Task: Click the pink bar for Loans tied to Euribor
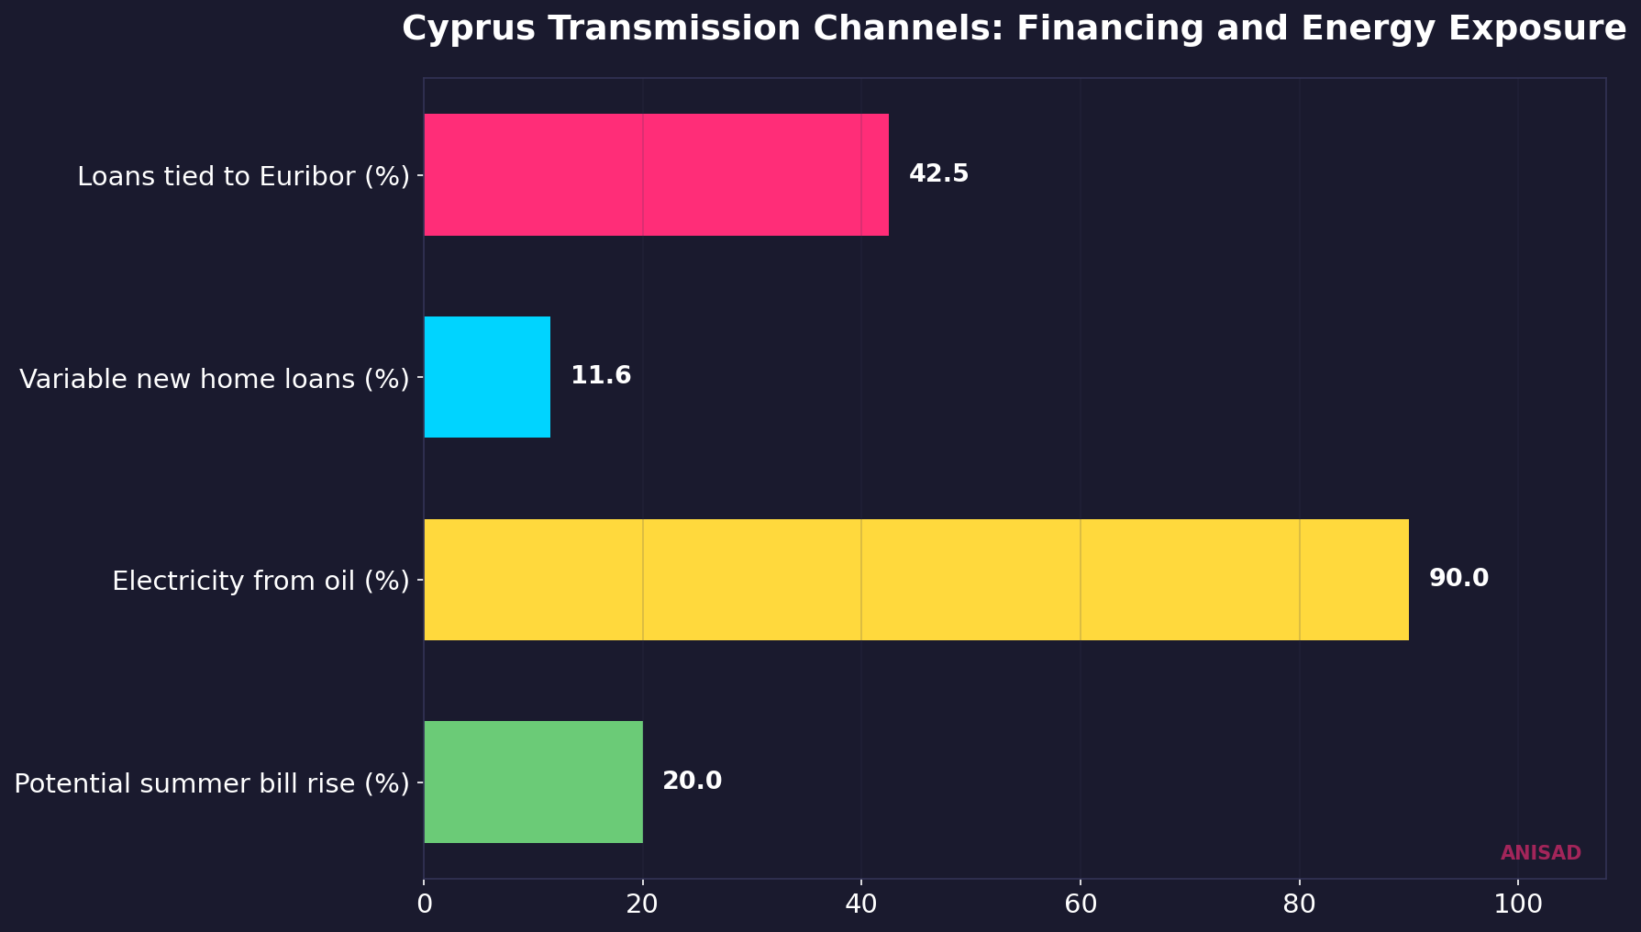tap(656, 174)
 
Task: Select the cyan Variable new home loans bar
tap(487, 377)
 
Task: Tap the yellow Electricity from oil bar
tap(915, 580)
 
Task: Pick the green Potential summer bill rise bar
tap(533, 782)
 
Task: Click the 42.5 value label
tap(938, 174)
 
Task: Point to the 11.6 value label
tap(601, 376)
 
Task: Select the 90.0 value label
tap(1458, 579)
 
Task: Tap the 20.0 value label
tap(692, 782)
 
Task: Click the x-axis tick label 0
tap(424, 904)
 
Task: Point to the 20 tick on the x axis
tap(642, 904)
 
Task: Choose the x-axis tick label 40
tap(861, 904)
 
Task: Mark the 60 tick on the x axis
tap(1081, 904)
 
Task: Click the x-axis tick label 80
tap(1299, 904)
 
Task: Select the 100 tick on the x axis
tap(1517, 904)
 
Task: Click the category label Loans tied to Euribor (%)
tap(243, 176)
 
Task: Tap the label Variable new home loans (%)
tap(214, 379)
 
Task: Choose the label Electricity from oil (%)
tap(261, 581)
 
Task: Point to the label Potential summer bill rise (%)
tap(212, 783)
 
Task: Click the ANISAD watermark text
tap(1540, 853)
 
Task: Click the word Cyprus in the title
tap(464, 29)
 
